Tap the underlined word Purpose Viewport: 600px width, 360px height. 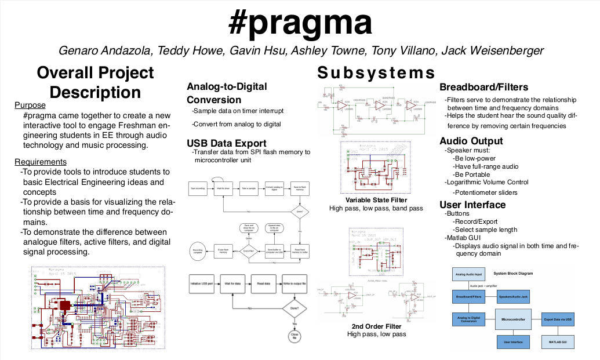coord(30,106)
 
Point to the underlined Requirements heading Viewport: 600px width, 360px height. coord(41,162)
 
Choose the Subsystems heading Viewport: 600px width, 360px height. coord(376,73)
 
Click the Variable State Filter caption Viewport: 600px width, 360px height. coord(376,200)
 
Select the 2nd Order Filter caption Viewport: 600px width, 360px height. coord(376,326)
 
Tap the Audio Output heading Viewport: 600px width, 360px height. coord(471,141)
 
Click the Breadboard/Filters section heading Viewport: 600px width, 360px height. coord(483,88)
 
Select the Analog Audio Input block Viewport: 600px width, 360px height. coord(468,274)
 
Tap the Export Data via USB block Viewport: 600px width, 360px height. coord(557,318)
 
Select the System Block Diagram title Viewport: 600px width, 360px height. coord(512,273)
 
